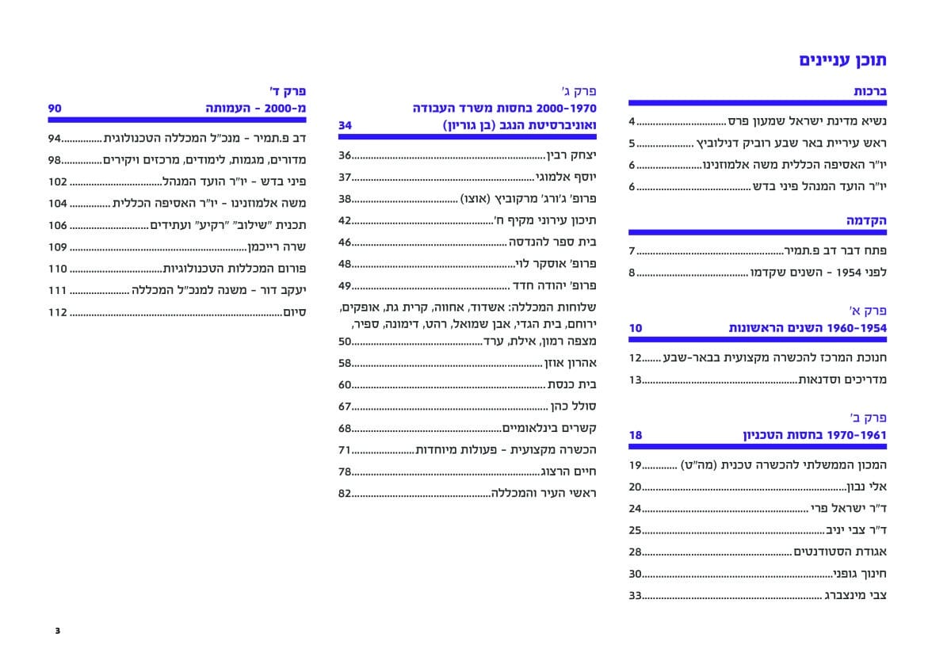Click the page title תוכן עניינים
(842, 60)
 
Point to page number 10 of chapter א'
(636, 328)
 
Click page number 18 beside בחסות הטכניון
(636, 435)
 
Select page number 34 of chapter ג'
(345, 125)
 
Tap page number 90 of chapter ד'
(55, 108)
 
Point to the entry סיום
(296, 312)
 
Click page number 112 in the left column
(57, 312)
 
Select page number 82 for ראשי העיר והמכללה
(345, 493)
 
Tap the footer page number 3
(57, 631)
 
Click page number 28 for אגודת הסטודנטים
(635, 552)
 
